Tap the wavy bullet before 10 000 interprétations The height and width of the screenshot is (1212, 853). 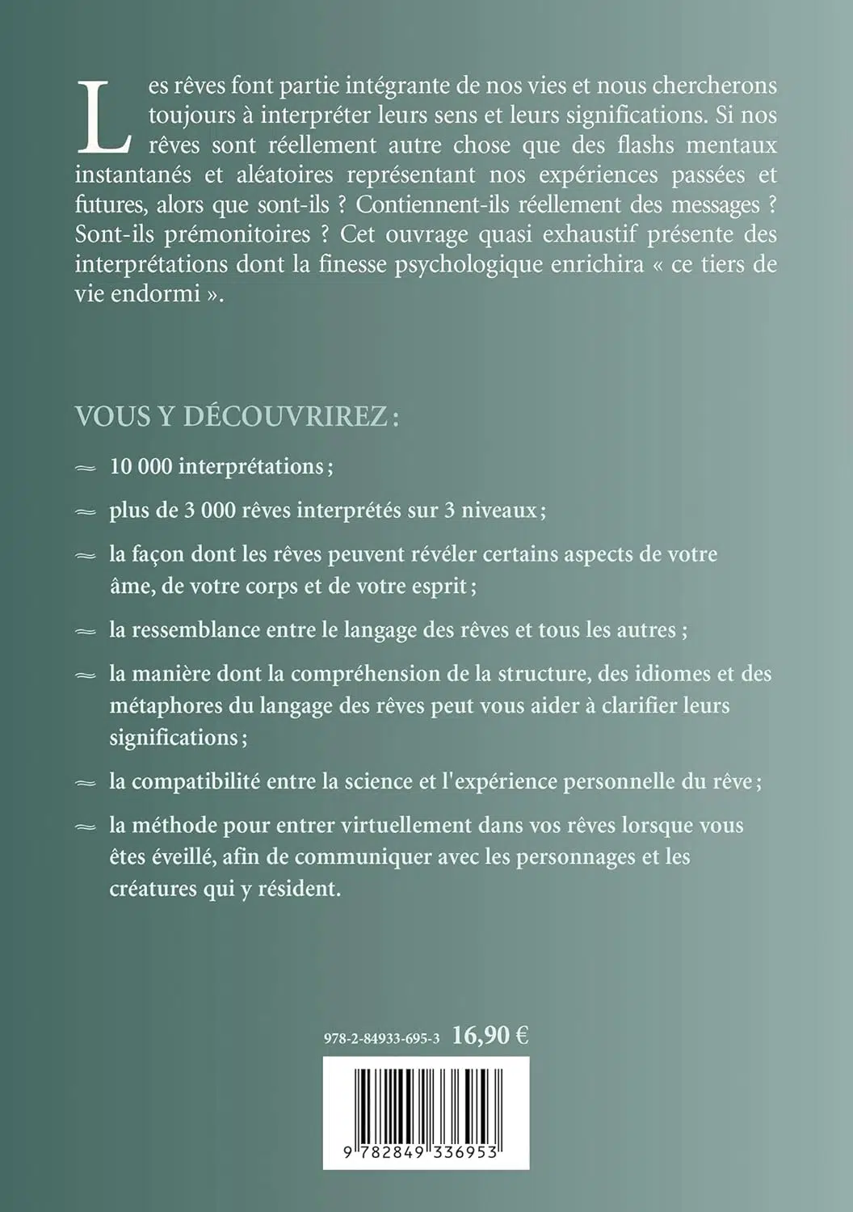pyautogui.click(x=85, y=468)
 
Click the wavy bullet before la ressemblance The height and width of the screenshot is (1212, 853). pyautogui.click(x=85, y=630)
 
